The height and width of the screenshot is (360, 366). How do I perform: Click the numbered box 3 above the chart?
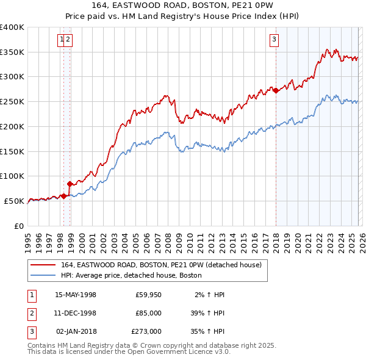pyautogui.click(x=274, y=40)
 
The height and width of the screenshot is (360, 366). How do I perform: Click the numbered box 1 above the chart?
pyautogui.click(x=62, y=40)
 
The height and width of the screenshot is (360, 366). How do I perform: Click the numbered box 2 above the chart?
pyautogui.click(x=68, y=40)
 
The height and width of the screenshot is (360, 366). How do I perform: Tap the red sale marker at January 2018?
pyautogui.click(x=276, y=90)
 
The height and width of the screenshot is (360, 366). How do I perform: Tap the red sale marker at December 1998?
pyautogui.click(x=70, y=183)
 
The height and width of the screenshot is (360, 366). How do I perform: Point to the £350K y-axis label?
pyautogui.click(x=12, y=52)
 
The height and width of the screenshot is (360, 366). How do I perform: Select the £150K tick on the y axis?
pyautogui.click(x=12, y=151)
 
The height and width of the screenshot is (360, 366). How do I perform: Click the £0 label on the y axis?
pyautogui.click(x=20, y=226)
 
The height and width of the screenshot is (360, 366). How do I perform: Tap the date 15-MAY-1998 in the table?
pyautogui.click(x=76, y=295)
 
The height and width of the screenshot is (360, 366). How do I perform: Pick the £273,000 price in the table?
pyautogui.click(x=146, y=332)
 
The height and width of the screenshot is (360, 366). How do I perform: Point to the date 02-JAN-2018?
pyautogui.click(x=76, y=332)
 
